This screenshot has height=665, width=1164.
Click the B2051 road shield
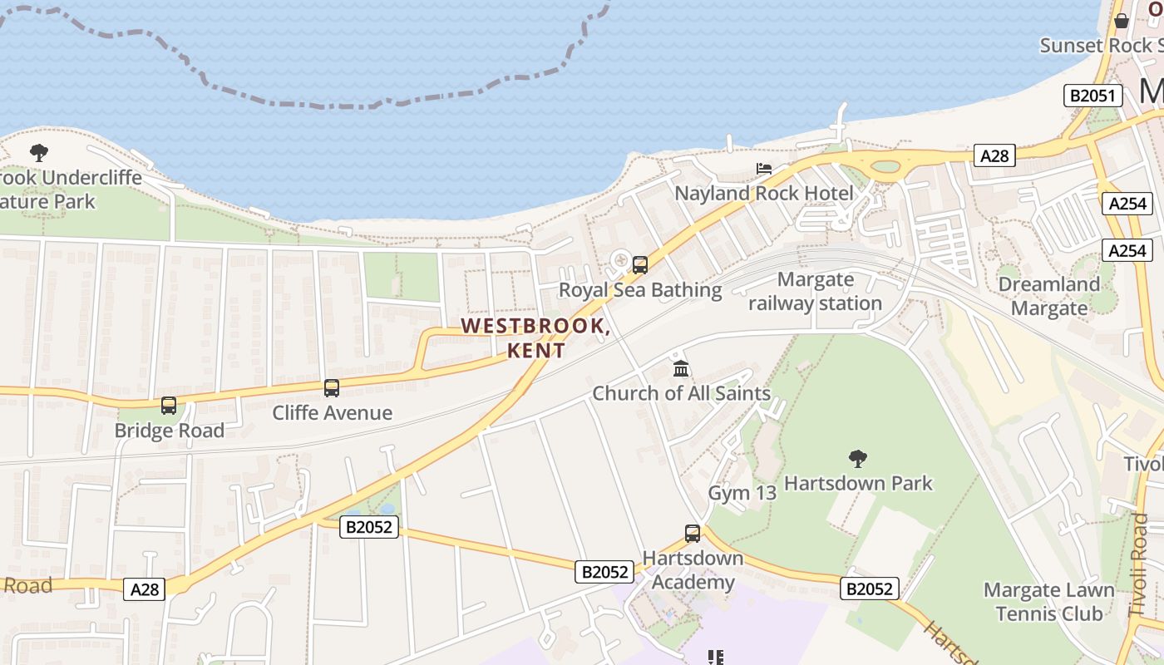coord(1092,96)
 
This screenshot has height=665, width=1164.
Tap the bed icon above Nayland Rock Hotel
coord(764,169)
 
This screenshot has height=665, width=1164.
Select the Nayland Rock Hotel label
coord(764,194)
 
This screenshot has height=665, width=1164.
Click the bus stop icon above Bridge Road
coord(169,406)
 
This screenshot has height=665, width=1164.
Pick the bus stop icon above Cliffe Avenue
coord(332,387)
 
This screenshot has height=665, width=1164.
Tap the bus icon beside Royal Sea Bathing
coord(640,265)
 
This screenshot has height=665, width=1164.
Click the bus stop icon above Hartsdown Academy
coord(693,533)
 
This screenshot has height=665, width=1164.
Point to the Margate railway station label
coord(815,291)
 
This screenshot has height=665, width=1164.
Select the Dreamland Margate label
coord(1048,296)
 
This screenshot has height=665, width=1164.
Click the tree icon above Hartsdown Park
coord(858,458)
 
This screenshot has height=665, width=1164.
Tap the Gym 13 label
coord(742,493)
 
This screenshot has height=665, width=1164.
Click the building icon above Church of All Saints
coord(681,368)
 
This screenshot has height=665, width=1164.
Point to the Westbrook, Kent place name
coord(536,337)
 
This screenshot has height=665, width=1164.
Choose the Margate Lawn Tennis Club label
coord(1048,602)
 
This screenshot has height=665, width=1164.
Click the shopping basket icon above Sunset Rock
coord(1121,21)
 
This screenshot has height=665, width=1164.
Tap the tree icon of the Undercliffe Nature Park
coord(38,153)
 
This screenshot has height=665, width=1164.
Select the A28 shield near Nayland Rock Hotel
coord(994,155)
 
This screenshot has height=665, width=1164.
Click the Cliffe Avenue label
coord(333,412)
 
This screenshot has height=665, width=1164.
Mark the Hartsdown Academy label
coord(693,569)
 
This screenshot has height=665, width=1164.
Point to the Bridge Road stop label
coord(169,431)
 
